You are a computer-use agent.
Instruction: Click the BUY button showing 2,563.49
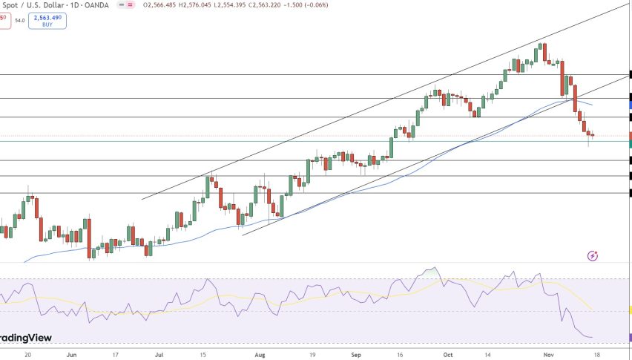tap(47, 20)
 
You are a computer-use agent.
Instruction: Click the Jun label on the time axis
tap(71, 355)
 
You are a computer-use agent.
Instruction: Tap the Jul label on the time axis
tap(159, 355)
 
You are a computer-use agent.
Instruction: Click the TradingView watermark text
tap(26, 338)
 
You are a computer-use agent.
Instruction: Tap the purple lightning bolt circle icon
tap(593, 256)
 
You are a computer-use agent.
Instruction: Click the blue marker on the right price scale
tap(629, 105)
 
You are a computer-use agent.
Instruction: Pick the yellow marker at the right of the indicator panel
tap(629, 310)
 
